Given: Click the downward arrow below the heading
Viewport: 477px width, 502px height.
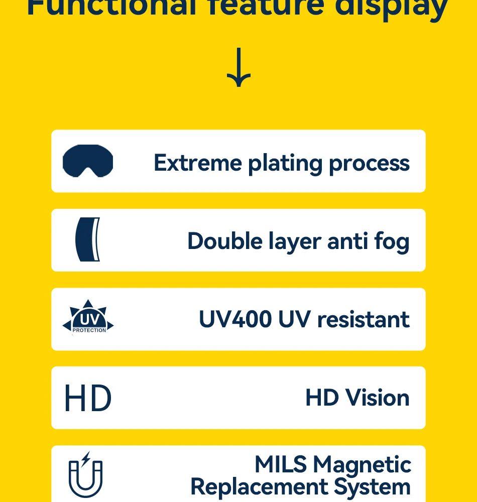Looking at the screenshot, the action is click(x=238, y=68).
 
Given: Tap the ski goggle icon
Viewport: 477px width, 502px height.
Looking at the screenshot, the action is click(x=88, y=161).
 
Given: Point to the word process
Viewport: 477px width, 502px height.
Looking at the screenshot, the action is click(x=369, y=164).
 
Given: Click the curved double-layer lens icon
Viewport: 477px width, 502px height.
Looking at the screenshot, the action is click(x=88, y=239).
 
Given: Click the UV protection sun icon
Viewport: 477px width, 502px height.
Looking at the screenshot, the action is click(x=88, y=318).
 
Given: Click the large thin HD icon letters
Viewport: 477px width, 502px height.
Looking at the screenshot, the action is click(x=88, y=399).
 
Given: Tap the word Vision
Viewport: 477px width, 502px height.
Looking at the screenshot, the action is click(x=377, y=398).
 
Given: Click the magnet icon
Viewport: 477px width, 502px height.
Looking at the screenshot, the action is click(x=85, y=474).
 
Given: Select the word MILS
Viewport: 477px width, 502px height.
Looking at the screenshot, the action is click(x=280, y=464).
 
